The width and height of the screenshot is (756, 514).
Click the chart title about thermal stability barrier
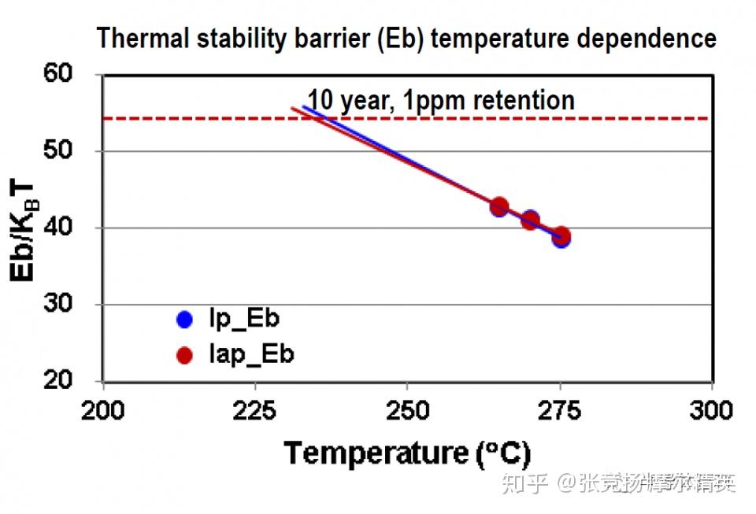click(406, 38)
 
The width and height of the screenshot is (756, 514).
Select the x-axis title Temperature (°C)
click(407, 453)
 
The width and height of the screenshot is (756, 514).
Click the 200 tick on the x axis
click(103, 410)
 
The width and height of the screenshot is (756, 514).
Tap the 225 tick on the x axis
click(255, 410)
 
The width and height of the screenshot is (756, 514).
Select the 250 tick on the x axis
click(406, 410)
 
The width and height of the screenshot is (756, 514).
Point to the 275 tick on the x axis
click(560, 410)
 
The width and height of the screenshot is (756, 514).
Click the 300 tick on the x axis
click(712, 410)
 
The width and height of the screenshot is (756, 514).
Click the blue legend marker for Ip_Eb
click(184, 320)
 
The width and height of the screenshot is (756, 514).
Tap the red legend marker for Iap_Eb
click(184, 356)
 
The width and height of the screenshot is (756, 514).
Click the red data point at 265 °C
click(499, 207)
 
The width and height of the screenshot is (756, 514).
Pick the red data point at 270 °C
click(531, 220)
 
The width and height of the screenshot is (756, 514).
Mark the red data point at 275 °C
click(561, 236)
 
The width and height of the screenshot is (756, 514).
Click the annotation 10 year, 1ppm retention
click(441, 101)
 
